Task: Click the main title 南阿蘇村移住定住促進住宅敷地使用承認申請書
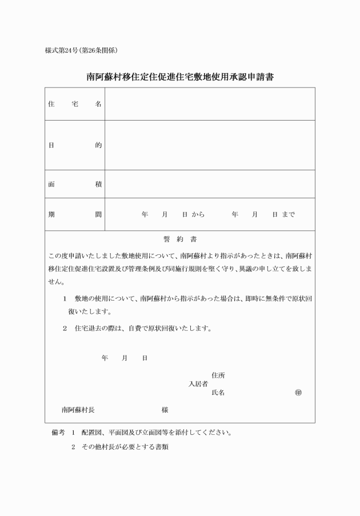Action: [x=180, y=76]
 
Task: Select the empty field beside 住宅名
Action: [x=209, y=104]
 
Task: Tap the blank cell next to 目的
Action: [x=209, y=145]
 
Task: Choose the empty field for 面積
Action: [x=209, y=184]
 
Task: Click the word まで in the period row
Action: [x=289, y=214]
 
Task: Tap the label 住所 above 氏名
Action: [x=218, y=375]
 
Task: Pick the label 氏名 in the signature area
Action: [x=218, y=393]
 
